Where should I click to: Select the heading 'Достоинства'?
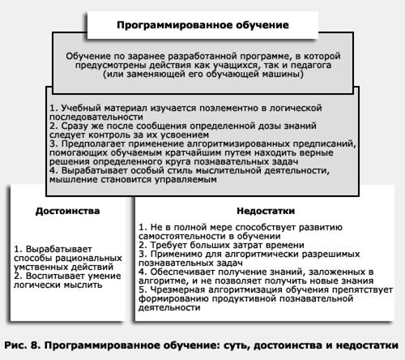point(68,211)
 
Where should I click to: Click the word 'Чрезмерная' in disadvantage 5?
point(178,289)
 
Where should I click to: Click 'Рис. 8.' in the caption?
point(24,344)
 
